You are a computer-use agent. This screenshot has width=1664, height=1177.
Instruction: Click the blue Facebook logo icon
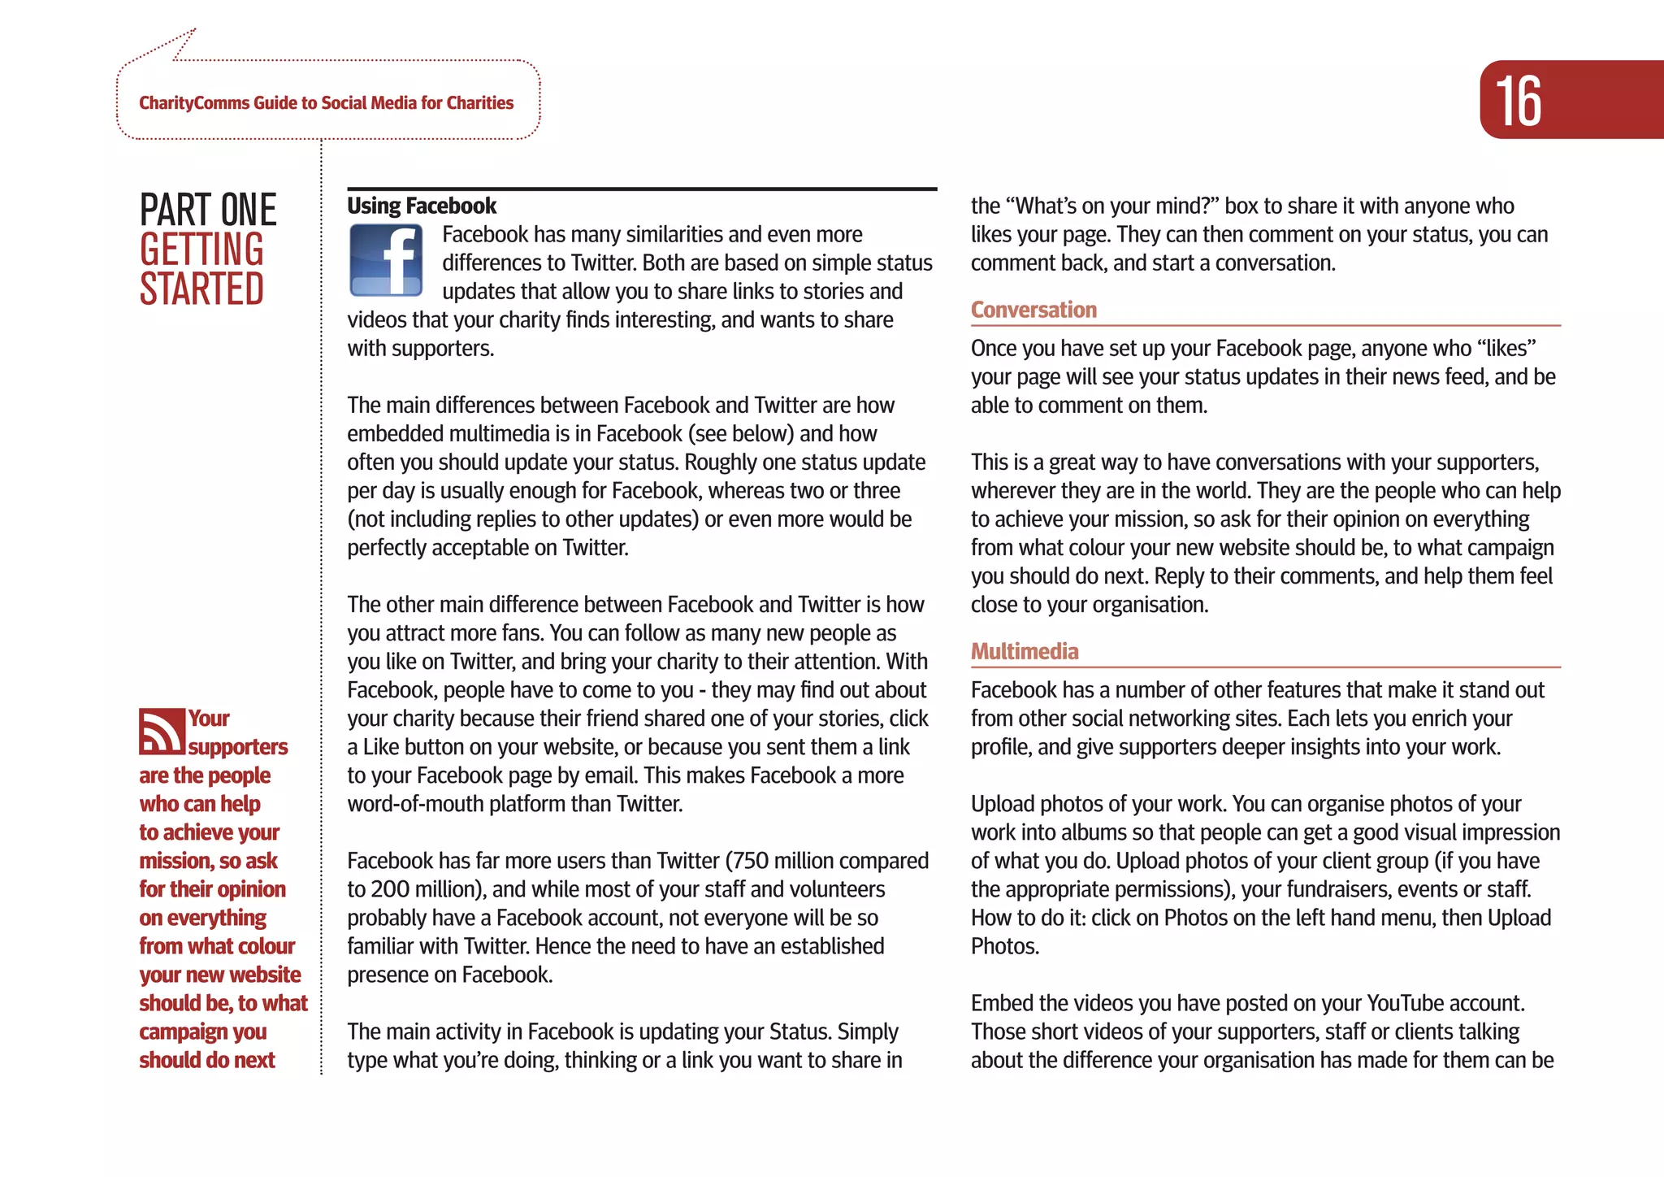pos(386,260)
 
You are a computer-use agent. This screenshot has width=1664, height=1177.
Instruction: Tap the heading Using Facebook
pos(421,206)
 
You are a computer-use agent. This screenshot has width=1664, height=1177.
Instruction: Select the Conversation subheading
pos(1033,310)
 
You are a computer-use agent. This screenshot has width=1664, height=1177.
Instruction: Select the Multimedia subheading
pos(1025,651)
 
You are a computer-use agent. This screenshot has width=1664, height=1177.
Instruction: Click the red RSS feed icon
pos(161,732)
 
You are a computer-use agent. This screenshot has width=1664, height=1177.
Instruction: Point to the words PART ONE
pos(208,210)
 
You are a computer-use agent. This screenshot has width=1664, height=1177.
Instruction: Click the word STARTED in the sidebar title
pos(201,289)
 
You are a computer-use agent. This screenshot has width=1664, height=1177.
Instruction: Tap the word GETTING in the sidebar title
pos(201,250)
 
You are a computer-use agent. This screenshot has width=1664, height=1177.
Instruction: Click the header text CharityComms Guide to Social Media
pos(326,103)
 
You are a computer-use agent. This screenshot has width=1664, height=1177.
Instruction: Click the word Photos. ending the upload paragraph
pos(1005,946)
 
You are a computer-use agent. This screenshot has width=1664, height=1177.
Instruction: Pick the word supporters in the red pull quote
pos(238,747)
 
